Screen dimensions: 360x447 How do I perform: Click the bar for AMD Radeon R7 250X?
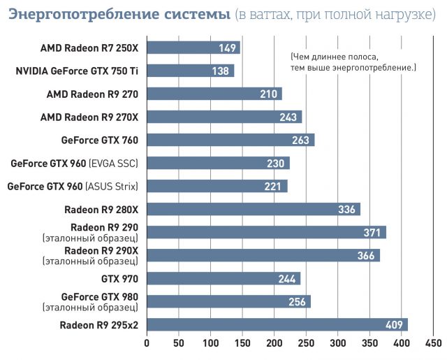click(x=193, y=48)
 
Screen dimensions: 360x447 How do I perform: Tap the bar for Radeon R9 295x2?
click(x=277, y=324)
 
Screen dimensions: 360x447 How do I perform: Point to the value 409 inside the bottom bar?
click(x=395, y=324)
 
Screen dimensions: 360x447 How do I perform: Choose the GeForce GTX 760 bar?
click(x=230, y=140)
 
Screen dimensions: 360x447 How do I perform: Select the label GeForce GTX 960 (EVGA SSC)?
click(x=74, y=163)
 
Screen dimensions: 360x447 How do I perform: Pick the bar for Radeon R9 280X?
click(x=254, y=209)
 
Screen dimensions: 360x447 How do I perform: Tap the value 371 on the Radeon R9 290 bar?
click(x=373, y=232)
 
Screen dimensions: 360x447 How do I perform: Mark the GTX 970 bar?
click(x=223, y=278)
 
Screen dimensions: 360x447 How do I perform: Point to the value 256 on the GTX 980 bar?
click(x=298, y=301)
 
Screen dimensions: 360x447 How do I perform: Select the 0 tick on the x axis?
click(x=147, y=343)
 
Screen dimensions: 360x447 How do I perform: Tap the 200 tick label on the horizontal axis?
click(x=274, y=343)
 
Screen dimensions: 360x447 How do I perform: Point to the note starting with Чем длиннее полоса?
click(x=353, y=62)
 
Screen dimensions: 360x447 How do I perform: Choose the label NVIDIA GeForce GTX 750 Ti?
click(x=77, y=71)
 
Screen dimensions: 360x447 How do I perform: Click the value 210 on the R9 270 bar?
click(x=269, y=94)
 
